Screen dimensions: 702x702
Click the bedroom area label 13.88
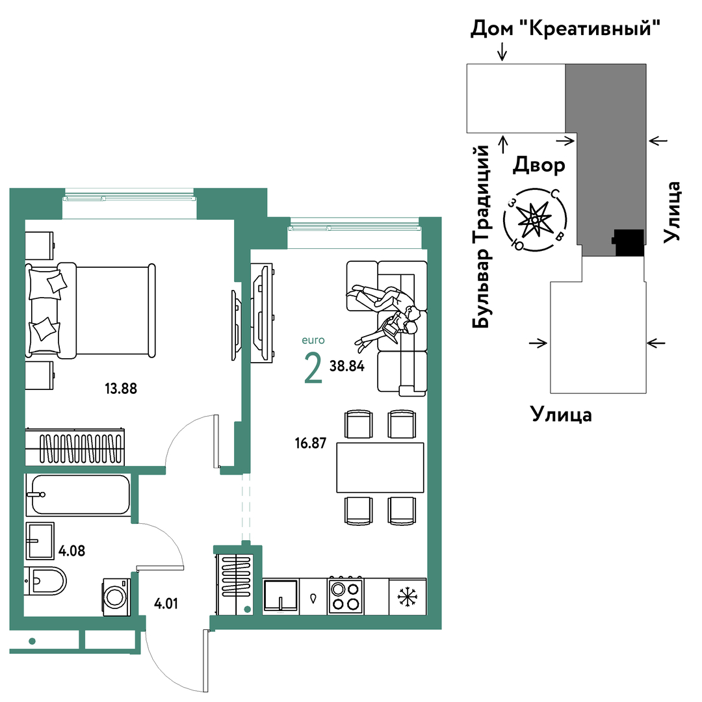121,388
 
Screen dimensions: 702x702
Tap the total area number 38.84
347,366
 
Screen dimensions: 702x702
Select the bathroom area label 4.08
71,551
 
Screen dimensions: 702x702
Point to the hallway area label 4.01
166,603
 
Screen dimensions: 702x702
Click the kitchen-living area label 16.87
311,443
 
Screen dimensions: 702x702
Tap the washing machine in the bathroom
116,597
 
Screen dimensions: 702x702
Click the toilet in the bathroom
45,580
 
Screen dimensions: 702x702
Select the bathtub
79,495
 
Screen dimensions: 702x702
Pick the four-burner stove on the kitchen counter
346,596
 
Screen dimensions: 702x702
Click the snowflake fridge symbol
408,597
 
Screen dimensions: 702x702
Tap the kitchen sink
281,596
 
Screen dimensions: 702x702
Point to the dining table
380,467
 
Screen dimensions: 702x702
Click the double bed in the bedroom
90,311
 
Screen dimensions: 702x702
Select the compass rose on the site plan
535,220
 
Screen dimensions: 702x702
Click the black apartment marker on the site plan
629,242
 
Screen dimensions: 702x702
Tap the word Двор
539,164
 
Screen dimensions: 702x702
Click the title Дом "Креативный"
565,29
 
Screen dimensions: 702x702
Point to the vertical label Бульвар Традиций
482,237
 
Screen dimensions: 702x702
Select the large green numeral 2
313,368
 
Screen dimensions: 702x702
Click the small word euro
313,340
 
